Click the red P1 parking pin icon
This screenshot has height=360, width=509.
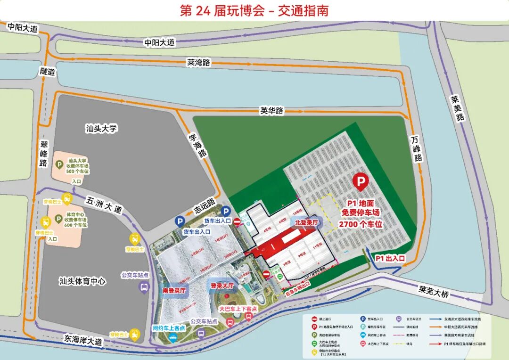click(361, 182)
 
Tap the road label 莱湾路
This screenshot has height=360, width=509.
click(198, 62)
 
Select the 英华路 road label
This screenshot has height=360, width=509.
click(272, 110)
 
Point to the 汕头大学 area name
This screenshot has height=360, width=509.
click(101, 128)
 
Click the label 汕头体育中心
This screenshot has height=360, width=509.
click(82, 281)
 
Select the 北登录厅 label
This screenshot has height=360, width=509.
click(307, 221)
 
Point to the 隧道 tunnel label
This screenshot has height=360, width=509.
click(48, 72)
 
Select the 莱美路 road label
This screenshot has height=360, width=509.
click(456, 108)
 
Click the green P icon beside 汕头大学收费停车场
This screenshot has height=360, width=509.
click(59, 164)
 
